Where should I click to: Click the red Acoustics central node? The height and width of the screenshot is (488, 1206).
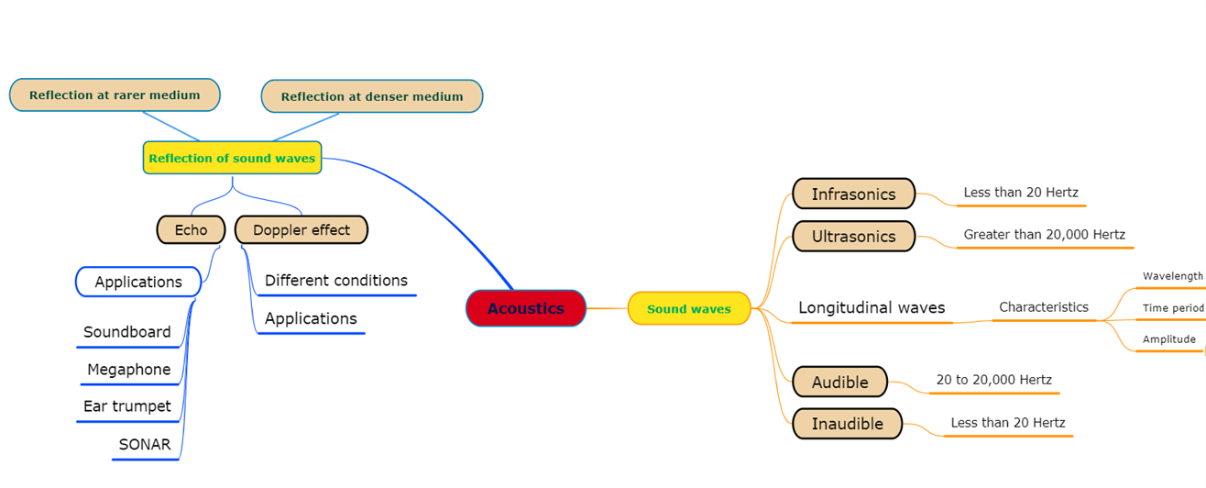(525, 308)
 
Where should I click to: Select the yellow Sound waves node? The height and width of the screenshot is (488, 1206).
(689, 308)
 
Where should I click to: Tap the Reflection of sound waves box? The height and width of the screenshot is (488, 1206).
(232, 158)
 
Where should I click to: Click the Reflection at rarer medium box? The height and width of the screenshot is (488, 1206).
(115, 94)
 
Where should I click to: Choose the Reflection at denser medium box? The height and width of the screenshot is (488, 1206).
(371, 96)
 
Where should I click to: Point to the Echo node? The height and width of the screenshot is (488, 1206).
(191, 229)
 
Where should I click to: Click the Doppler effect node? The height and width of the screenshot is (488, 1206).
(301, 229)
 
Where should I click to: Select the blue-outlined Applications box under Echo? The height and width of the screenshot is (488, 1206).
(138, 282)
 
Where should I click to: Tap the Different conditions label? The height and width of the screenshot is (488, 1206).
(336, 280)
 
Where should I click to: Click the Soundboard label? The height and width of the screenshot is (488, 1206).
(127, 332)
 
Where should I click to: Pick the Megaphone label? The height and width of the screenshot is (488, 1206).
(129, 369)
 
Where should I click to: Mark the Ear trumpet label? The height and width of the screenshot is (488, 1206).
(127, 405)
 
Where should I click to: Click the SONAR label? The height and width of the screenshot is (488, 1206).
(145, 444)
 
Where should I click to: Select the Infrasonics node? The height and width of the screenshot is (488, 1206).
(853, 194)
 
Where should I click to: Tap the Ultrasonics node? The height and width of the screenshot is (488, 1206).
(853, 236)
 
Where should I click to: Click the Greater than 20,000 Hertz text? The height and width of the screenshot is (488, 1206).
(1044, 235)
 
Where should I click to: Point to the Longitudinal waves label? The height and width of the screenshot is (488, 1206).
(872, 307)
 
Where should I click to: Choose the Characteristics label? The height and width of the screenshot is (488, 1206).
(1044, 307)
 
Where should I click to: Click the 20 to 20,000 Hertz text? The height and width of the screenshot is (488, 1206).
(993, 380)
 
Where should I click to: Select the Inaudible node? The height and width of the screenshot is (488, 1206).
(848, 424)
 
